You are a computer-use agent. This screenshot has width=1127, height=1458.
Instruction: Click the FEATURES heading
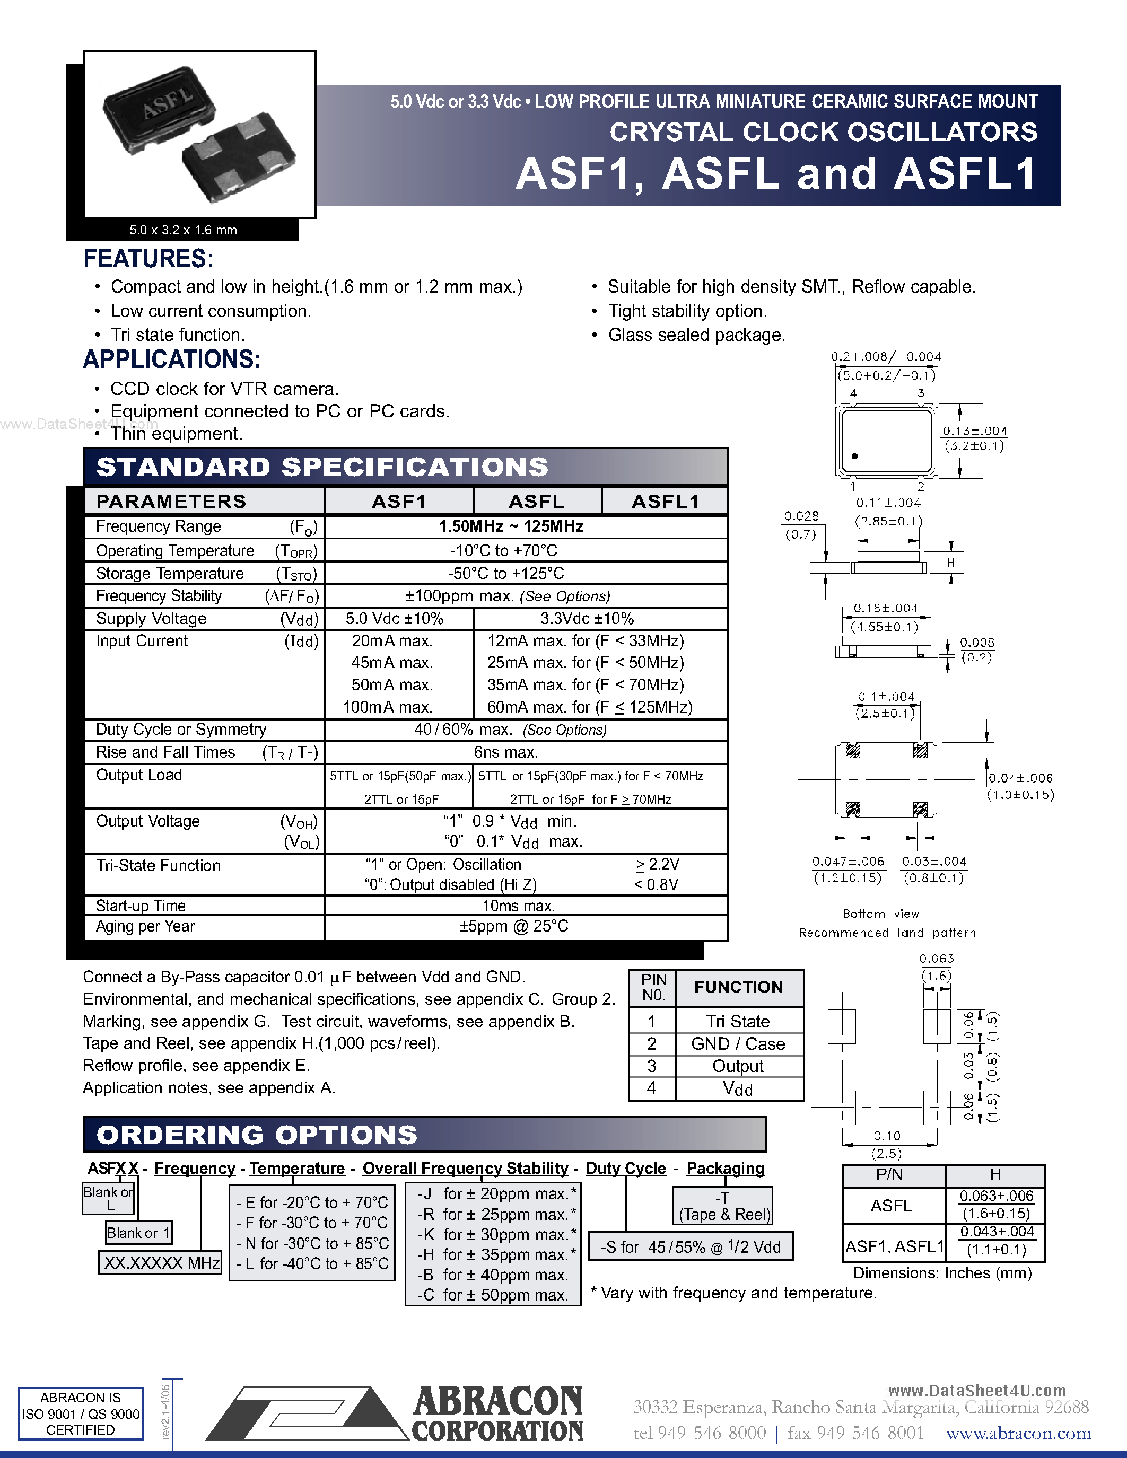pyautogui.click(x=148, y=259)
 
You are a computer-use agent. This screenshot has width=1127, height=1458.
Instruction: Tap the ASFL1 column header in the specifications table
pyautogui.click(x=665, y=502)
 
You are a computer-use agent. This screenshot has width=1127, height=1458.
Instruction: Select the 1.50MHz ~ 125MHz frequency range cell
pyautogui.click(x=511, y=526)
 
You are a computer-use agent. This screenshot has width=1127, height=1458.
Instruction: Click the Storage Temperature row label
pyautogui.click(x=170, y=574)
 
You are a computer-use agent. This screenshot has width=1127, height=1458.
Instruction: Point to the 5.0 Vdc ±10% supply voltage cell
pyautogui.click(x=395, y=619)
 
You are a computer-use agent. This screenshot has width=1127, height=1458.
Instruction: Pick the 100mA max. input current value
pyautogui.click(x=388, y=707)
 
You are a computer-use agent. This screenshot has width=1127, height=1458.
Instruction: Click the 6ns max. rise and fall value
pyautogui.click(x=506, y=752)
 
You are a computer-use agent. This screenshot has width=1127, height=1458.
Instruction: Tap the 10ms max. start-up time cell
pyautogui.click(x=519, y=906)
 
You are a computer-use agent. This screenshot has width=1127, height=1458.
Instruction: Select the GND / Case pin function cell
pyautogui.click(x=738, y=1044)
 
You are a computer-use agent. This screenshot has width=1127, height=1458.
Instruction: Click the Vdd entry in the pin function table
pyautogui.click(x=738, y=1089)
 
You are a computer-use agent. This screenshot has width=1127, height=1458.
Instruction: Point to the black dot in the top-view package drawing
pyautogui.click(x=854, y=456)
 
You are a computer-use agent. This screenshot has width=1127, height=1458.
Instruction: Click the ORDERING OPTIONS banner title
pyautogui.click(x=257, y=1135)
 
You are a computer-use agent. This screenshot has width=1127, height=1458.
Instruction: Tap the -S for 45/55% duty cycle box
pyautogui.click(x=691, y=1247)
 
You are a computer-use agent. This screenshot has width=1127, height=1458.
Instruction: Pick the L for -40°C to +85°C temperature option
pyautogui.click(x=312, y=1264)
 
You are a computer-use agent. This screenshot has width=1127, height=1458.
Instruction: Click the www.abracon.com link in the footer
pyautogui.click(x=1018, y=1433)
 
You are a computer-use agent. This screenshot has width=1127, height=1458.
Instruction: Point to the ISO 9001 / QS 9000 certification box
pyautogui.click(x=81, y=1413)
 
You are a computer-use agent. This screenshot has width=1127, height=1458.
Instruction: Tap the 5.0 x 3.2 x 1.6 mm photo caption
pyautogui.click(x=183, y=230)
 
